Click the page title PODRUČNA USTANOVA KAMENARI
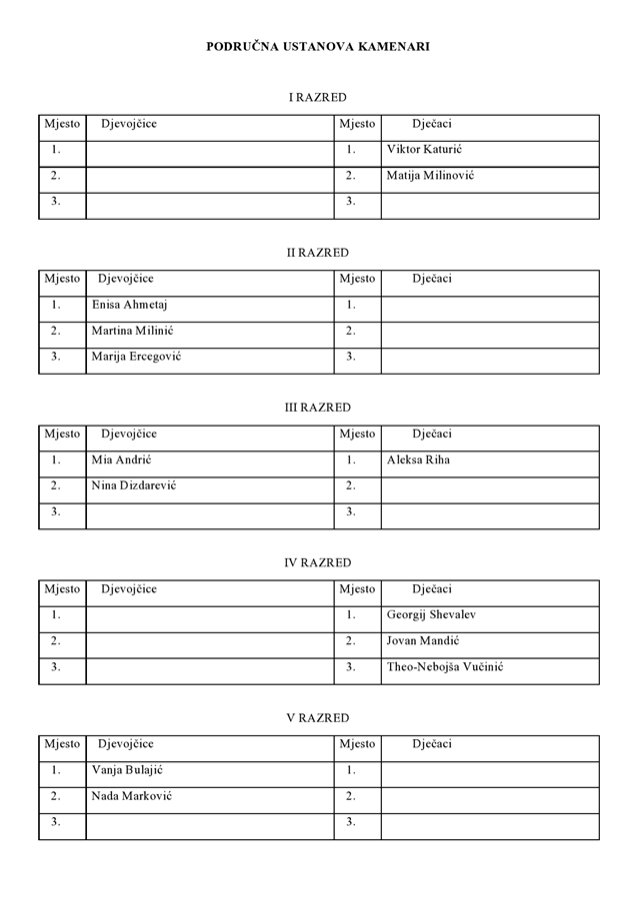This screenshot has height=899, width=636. (x=318, y=46)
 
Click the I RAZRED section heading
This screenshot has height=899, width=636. (x=317, y=98)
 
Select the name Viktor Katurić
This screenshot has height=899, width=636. (x=424, y=150)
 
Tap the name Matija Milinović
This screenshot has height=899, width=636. (x=430, y=176)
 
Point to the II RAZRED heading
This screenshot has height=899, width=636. (x=317, y=253)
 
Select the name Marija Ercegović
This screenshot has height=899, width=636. (x=136, y=357)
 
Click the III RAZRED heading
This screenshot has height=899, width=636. (x=317, y=408)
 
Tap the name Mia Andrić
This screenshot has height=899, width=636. (x=121, y=460)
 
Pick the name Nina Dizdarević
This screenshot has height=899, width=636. (x=134, y=486)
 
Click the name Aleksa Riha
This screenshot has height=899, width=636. (x=418, y=460)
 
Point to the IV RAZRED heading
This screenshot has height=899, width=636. (x=317, y=563)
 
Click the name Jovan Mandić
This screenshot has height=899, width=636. (x=423, y=641)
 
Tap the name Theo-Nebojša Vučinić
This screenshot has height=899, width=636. (x=445, y=667)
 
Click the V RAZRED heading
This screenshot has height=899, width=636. (x=317, y=718)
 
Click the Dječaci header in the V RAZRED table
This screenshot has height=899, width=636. (x=432, y=744)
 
